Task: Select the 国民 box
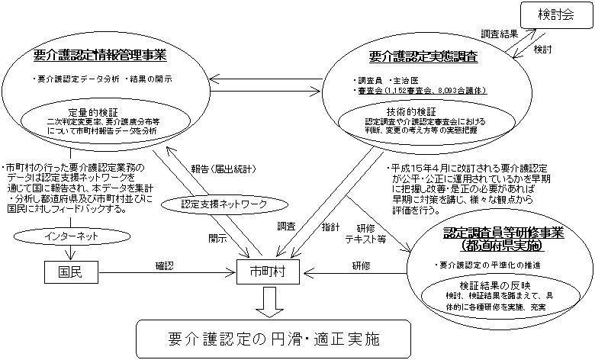coord(68,271)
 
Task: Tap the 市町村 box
coord(267,271)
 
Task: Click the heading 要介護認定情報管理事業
coord(101,55)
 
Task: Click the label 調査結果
coord(500,35)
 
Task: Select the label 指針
coord(330,227)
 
